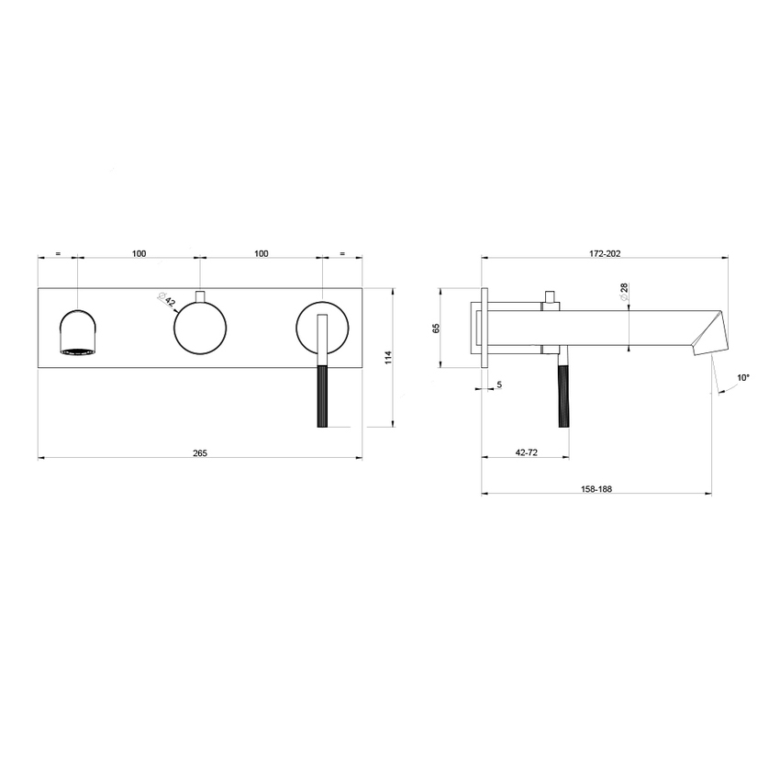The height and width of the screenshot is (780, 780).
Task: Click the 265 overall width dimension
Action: click(x=200, y=452)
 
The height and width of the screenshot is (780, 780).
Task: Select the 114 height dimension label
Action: click(x=387, y=357)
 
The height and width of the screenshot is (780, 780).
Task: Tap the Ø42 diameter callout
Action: click(x=167, y=300)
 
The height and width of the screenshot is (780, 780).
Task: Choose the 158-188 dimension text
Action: click(x=596, y=489)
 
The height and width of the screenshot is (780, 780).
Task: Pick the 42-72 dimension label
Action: click(x=527, y=452)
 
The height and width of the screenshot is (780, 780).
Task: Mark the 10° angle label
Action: click(x=742, y=377)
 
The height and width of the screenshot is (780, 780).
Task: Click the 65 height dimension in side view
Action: click(x=437, y=328)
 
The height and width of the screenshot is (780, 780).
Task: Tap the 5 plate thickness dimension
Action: click(x=499, y=384)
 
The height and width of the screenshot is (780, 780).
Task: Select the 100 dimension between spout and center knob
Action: click(x=139, y=253)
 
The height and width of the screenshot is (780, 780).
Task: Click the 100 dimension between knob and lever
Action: click(x=261, y=253)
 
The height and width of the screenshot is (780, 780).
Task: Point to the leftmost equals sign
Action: click(x=57, y=253)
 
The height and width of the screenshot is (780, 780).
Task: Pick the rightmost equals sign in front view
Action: click(x=342, y=253)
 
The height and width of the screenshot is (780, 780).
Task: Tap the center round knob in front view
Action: click(x=200, y=329)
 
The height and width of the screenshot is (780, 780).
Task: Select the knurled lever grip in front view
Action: click(x=322, y=396)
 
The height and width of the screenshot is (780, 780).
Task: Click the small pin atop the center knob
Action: click(x=200, y=295)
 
